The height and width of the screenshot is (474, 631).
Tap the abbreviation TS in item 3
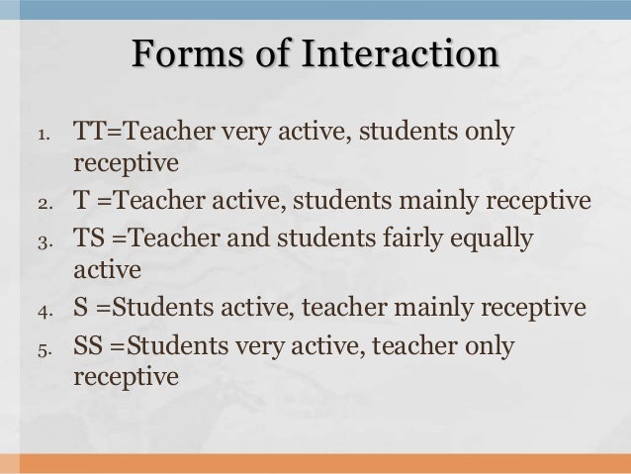[x=88, y=239]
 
